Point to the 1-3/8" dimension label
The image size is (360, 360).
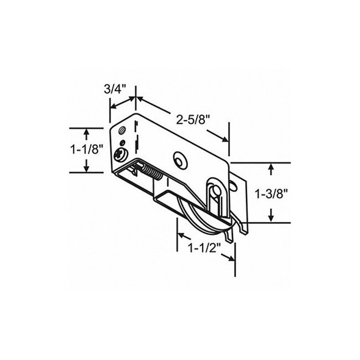[x=271, y=194]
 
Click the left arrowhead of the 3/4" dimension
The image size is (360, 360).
[x=112, y=105]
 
